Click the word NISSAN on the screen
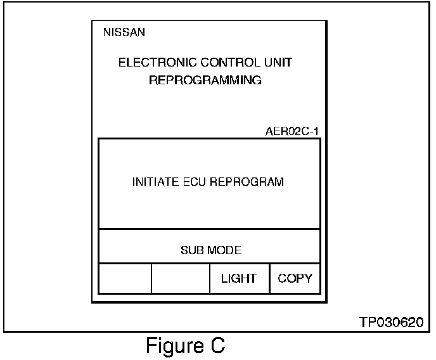[x=124, y=33]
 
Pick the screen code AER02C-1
[x=292, y=132]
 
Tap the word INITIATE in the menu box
[x=153, y=182]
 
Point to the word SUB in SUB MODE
[x=191, y=250]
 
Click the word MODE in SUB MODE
[x=226, y=250]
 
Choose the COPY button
[x=295, y=278]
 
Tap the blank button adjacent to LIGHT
[x=181, y=278]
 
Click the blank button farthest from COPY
[x=124, y=278]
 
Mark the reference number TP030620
[x=391, y=322]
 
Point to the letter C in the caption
[x=217, y=346]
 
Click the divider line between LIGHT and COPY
[x=270, y=278]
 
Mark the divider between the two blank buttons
[x=151, y=278]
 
